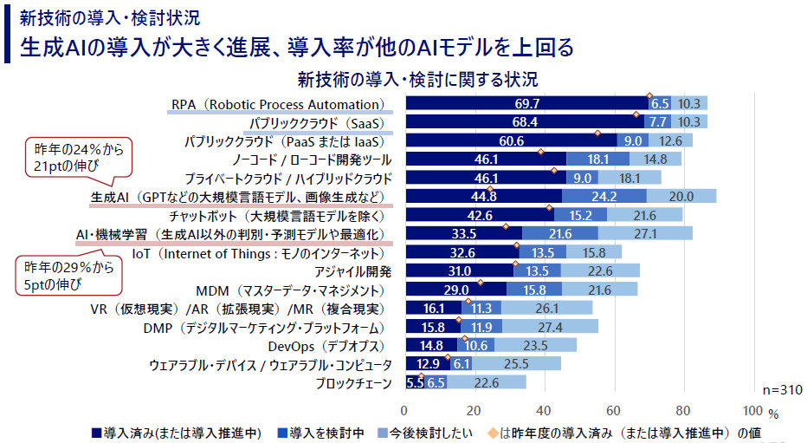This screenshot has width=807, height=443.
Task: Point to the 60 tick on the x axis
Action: [x=614, y=410]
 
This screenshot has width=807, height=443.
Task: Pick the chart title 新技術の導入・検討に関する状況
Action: [x=418, y=81]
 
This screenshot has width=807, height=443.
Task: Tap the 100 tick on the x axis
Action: [x=753, y=410]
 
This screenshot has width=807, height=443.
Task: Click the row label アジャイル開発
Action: [x=358, y=270]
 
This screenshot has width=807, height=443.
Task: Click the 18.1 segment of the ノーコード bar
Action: [x=598, y=160]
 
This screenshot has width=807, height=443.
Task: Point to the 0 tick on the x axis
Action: [x=404, y=410]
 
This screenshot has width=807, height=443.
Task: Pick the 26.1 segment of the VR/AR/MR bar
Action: [x=546, y=308]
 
